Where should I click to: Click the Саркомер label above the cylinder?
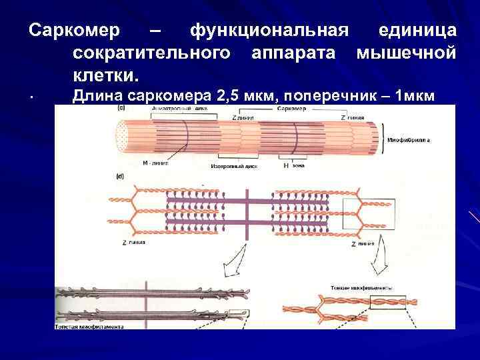(x=291, y=108)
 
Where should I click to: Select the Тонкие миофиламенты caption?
(x=358, y=288)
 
